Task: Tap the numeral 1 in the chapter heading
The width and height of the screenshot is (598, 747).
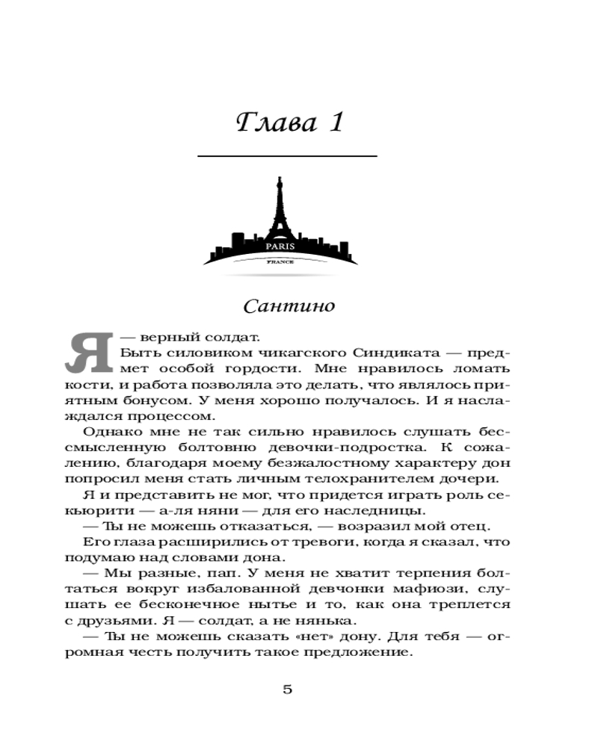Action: [x=333, y=122]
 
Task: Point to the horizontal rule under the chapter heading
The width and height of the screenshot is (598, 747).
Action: [x=287, y=156]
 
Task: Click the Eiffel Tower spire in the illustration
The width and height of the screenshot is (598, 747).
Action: [x=281, y=187]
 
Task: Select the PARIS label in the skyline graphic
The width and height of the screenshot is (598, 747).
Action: [x=280, y=245]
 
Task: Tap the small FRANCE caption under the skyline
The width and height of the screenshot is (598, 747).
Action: [x=280, y=263]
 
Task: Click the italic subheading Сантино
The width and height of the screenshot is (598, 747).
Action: [x=281, y=306]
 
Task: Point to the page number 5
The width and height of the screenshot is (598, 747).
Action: [x=288, y=689]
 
